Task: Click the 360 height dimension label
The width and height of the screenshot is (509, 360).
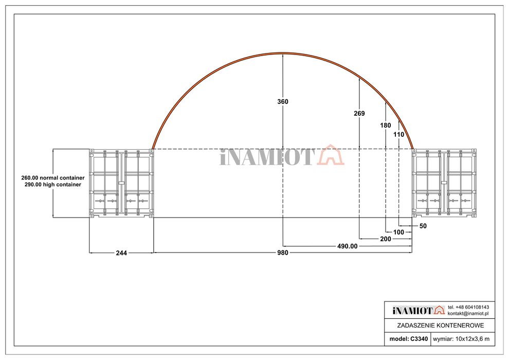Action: click(x=283, y=102)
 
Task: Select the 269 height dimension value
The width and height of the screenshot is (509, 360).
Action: click(x=359, y=113)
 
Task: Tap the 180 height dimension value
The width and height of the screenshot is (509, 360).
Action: click(x=386, y=125)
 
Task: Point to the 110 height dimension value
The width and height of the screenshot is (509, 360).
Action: click(x=399, y=134)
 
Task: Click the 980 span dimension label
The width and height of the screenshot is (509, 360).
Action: click(x=283, y=253)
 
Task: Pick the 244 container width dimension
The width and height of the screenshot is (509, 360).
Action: click(x=121, y=253)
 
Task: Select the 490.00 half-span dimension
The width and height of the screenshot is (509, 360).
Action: click(x=347, y=246)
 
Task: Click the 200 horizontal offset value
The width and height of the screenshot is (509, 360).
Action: click(x=385, y=239)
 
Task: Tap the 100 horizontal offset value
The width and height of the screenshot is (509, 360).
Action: click(x=399, y=232)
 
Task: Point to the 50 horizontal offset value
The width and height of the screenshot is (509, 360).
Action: click(x=423, y=226)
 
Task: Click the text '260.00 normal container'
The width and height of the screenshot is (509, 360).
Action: click(x=53, y=177)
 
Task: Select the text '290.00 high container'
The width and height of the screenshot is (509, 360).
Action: click(x=53, y=184)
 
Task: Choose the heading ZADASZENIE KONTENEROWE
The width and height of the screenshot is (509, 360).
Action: click(x=440, y=326)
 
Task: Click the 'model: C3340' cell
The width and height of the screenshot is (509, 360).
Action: click(x=408, y=339)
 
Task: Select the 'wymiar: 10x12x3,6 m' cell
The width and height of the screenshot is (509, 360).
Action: click(x=461, y=339)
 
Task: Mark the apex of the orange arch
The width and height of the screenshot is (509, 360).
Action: click(x=282, y=53)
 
